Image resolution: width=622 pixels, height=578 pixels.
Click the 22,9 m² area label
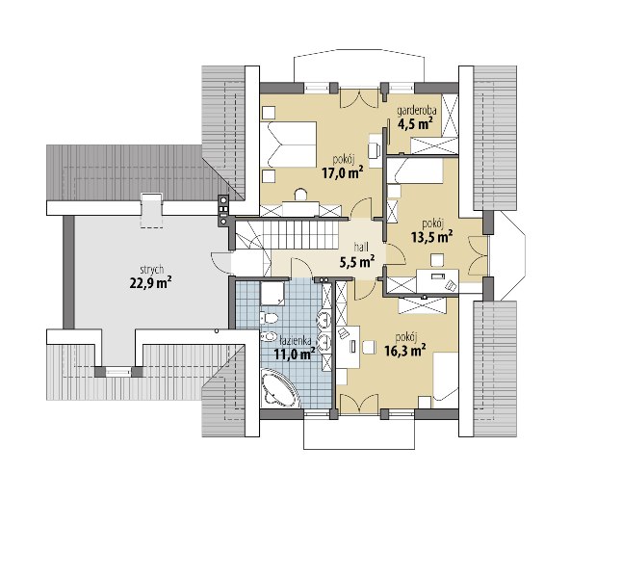[x=150, y=282]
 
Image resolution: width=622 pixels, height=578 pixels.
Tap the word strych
[x=152, y=270]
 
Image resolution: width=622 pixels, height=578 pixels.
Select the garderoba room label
[x=417, y=112]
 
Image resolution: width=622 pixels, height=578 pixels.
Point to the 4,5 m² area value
[x=415, y=124]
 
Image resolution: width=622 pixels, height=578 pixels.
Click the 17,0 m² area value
[x=343, y=172]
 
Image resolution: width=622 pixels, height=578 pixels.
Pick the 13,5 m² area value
[x=432, y=237]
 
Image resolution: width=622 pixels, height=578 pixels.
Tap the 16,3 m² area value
[x=405, y=350]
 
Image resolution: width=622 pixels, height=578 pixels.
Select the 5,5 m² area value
[x=357, y=261]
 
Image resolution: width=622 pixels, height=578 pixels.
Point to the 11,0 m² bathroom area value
[x=295, y=353]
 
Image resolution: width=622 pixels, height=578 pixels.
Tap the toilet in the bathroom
[x=269, y=318]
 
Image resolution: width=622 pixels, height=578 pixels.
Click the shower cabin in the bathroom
[x=272, y=294]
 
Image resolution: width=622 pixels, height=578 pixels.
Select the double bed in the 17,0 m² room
[x=289, y=144]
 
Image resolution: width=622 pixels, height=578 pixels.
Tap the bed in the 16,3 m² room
[x=446, y=377]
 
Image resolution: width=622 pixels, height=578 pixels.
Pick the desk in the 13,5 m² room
[x=437, y=281]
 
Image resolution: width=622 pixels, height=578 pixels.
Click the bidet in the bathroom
[x=269, y=336]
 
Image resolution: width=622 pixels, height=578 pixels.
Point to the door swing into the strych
[x=220, y=262]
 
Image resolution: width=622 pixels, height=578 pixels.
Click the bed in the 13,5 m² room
[x=415, y=171]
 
